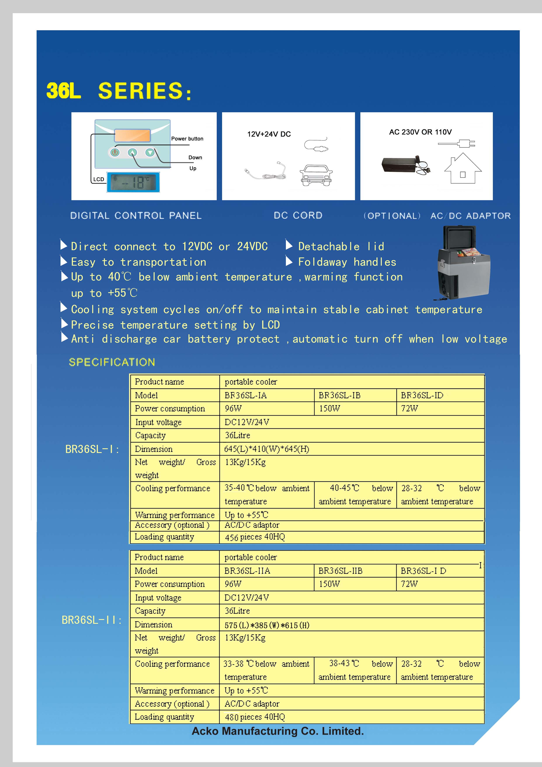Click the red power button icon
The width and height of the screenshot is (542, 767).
point(115,153)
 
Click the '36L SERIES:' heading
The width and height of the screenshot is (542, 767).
point(119,91)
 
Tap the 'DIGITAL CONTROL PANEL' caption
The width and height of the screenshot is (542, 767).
point(136,215)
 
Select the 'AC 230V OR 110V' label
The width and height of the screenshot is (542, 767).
point(420,132)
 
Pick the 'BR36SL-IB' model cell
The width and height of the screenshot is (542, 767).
point(339,396)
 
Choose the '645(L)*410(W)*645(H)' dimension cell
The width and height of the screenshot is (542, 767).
point(266,449)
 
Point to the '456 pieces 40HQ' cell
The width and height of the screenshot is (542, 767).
point(255,537)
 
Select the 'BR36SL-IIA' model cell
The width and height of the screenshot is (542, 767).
point(247,571)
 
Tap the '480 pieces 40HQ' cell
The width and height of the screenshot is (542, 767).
point(255,717)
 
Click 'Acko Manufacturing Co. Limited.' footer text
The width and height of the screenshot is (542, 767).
point(278,731)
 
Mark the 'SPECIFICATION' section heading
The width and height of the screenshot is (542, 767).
point(112,362)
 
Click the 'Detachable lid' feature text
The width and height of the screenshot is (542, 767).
point(341,247)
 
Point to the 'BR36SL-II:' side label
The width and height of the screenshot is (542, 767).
point(92,620)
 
